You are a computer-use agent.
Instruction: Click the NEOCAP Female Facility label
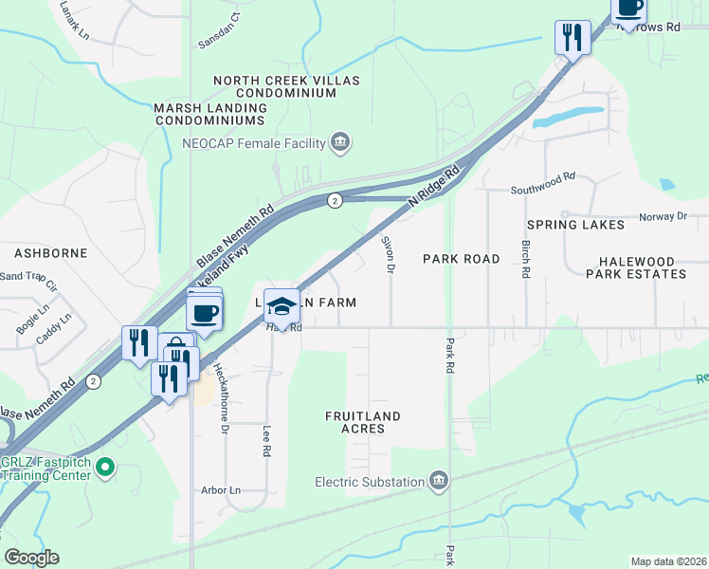pos(253,144)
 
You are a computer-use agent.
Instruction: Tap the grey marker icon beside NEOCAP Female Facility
pos(340,144)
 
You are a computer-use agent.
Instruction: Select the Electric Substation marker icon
pos(438,482)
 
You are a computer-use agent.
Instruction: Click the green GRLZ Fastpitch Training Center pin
pos(106,468)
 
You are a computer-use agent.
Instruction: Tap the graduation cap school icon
pos(282,306)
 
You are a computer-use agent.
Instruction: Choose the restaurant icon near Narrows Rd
pos(573,38)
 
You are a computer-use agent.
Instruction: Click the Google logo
pos(31,558)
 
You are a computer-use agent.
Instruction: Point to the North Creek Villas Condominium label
pos(286,87)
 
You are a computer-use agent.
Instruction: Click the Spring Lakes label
pos(576,225)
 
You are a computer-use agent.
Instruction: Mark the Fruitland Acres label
pos(362,422)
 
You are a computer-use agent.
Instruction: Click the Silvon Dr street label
pos(387,253)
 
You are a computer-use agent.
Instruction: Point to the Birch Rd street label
pos(525,257)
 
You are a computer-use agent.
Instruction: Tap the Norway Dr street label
pos(663,216)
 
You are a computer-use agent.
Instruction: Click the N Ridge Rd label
pos(434,189)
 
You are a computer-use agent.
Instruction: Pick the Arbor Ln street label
pos(221,490)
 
